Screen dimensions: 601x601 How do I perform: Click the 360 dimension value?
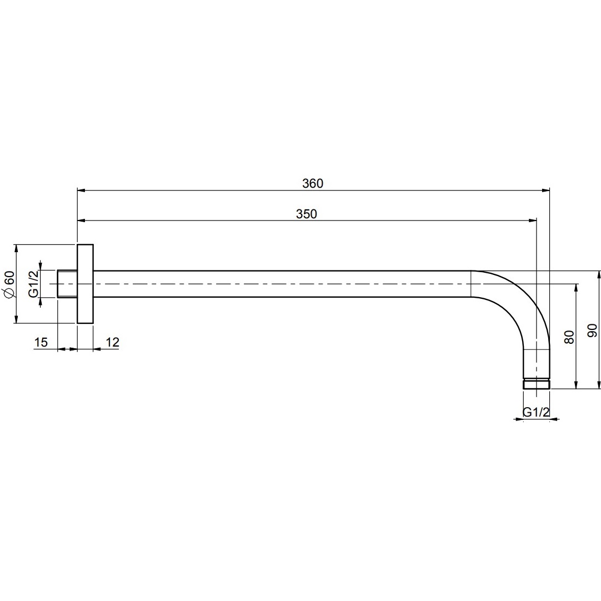pos(313,184)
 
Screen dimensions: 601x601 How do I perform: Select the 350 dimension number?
pos(307,214)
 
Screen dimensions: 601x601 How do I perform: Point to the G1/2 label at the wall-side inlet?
pos(34,284)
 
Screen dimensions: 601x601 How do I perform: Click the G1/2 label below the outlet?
pos(536,412)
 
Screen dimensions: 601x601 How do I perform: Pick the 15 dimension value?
pos(41,342)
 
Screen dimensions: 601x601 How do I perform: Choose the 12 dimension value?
pos(112,342)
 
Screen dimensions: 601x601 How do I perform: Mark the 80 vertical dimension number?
pos(569,337)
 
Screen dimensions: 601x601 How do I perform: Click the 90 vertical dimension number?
pos(592,330)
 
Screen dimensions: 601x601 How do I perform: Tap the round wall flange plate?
pos(85,284)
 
